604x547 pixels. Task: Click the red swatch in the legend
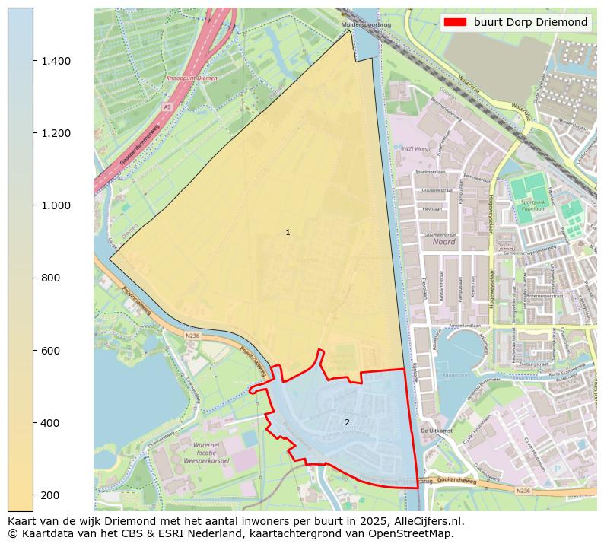pos(454,22)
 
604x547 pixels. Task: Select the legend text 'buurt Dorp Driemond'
pos(530,22)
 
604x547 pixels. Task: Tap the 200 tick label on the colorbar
pos(49,495)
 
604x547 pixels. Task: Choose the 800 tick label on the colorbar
pos(49,278)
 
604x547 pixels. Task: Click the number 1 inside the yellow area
pos(288,232)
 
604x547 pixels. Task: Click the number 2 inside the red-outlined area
pos(347,422)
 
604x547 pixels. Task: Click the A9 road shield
pos(167,107)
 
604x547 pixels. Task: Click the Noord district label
pos(443,242)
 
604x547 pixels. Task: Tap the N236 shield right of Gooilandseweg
pos(523,491)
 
